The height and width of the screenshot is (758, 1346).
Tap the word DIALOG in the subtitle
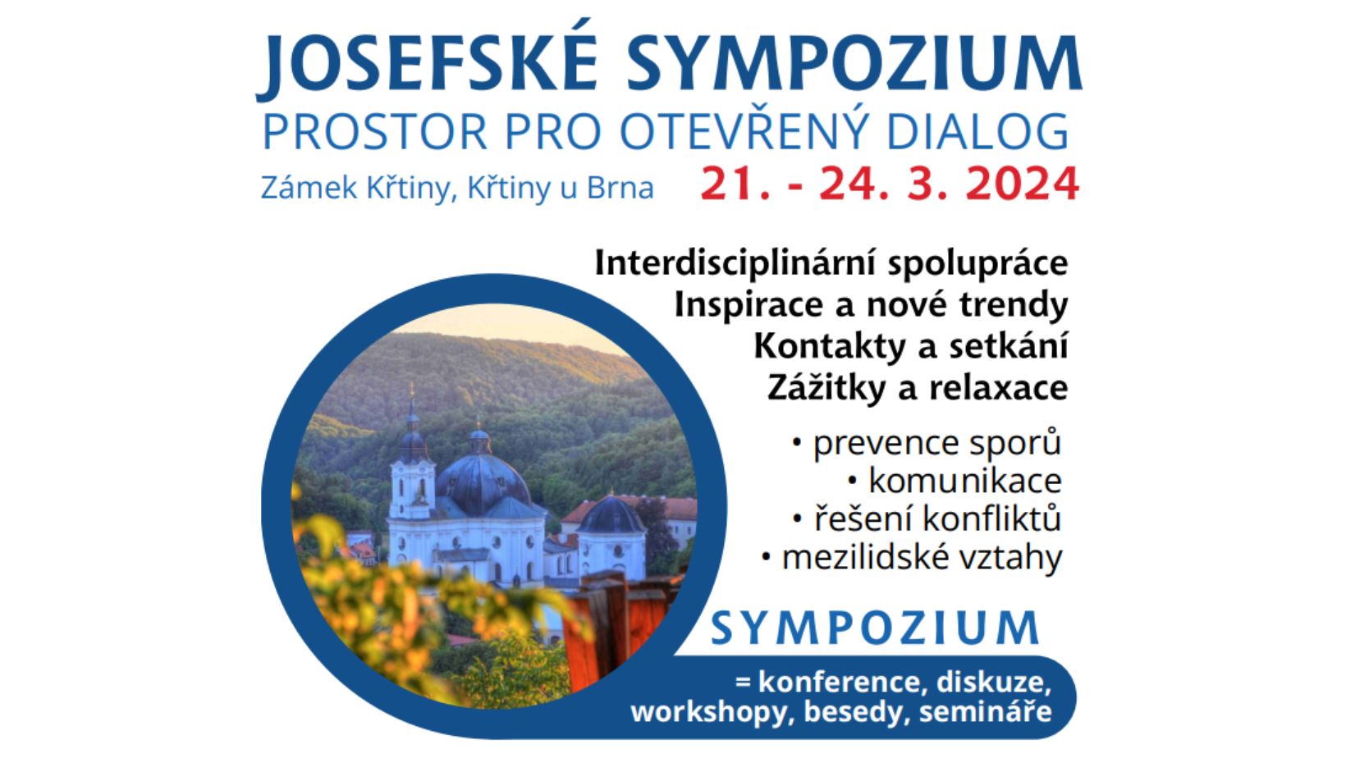tap(977, 131)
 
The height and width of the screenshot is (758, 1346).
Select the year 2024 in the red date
tap(1022, 184)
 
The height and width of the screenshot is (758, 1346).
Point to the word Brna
tap(620, 187)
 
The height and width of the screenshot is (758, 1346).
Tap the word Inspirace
tap(750, 305)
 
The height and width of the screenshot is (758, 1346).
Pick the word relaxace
tap(999, 388)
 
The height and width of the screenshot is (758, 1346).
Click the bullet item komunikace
tap(965, 481)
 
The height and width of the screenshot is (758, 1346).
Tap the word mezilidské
tap(866, 557)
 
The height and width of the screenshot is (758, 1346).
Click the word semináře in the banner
tap(986, 711)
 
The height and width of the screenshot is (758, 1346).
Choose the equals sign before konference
tap(743, 683)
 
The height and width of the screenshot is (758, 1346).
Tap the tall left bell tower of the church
tap(412, 463)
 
